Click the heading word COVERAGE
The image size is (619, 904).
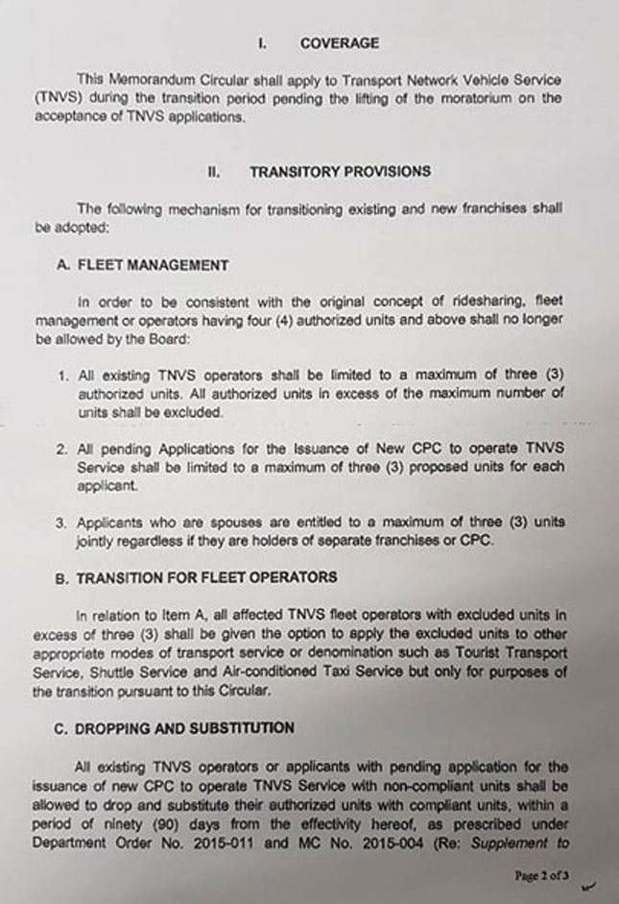[339, 43]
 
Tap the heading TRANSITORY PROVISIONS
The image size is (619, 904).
[340, 172]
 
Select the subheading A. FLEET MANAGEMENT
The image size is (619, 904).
[142, 265]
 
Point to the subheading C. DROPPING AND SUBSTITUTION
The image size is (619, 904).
[174, 728]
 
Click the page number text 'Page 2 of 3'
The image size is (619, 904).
[541, 875]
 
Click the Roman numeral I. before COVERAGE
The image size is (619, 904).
[261, 43]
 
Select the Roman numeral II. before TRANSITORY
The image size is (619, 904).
[214, 172]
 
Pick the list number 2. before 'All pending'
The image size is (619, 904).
[60, 449]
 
